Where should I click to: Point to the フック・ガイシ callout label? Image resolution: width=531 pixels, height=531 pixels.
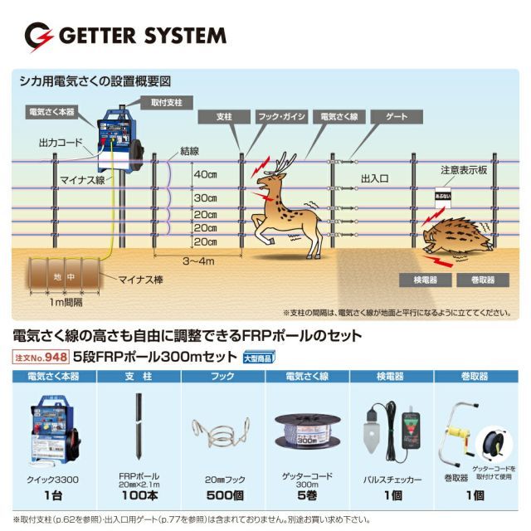(x=280, y=118)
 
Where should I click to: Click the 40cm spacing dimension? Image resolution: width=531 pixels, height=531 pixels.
(x=204, y=175)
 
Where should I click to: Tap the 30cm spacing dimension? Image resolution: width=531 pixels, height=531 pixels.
(x=204, y=200)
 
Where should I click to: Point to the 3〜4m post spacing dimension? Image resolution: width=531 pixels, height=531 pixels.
(x=198, y=261)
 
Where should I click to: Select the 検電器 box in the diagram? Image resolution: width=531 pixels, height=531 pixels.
(x=420, y=280)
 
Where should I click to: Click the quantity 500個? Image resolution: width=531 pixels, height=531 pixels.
(x=222, y=496)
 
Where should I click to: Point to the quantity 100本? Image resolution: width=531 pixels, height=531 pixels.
(x=139, y=496)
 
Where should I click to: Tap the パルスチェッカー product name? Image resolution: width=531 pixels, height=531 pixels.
(x=392, y=480)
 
